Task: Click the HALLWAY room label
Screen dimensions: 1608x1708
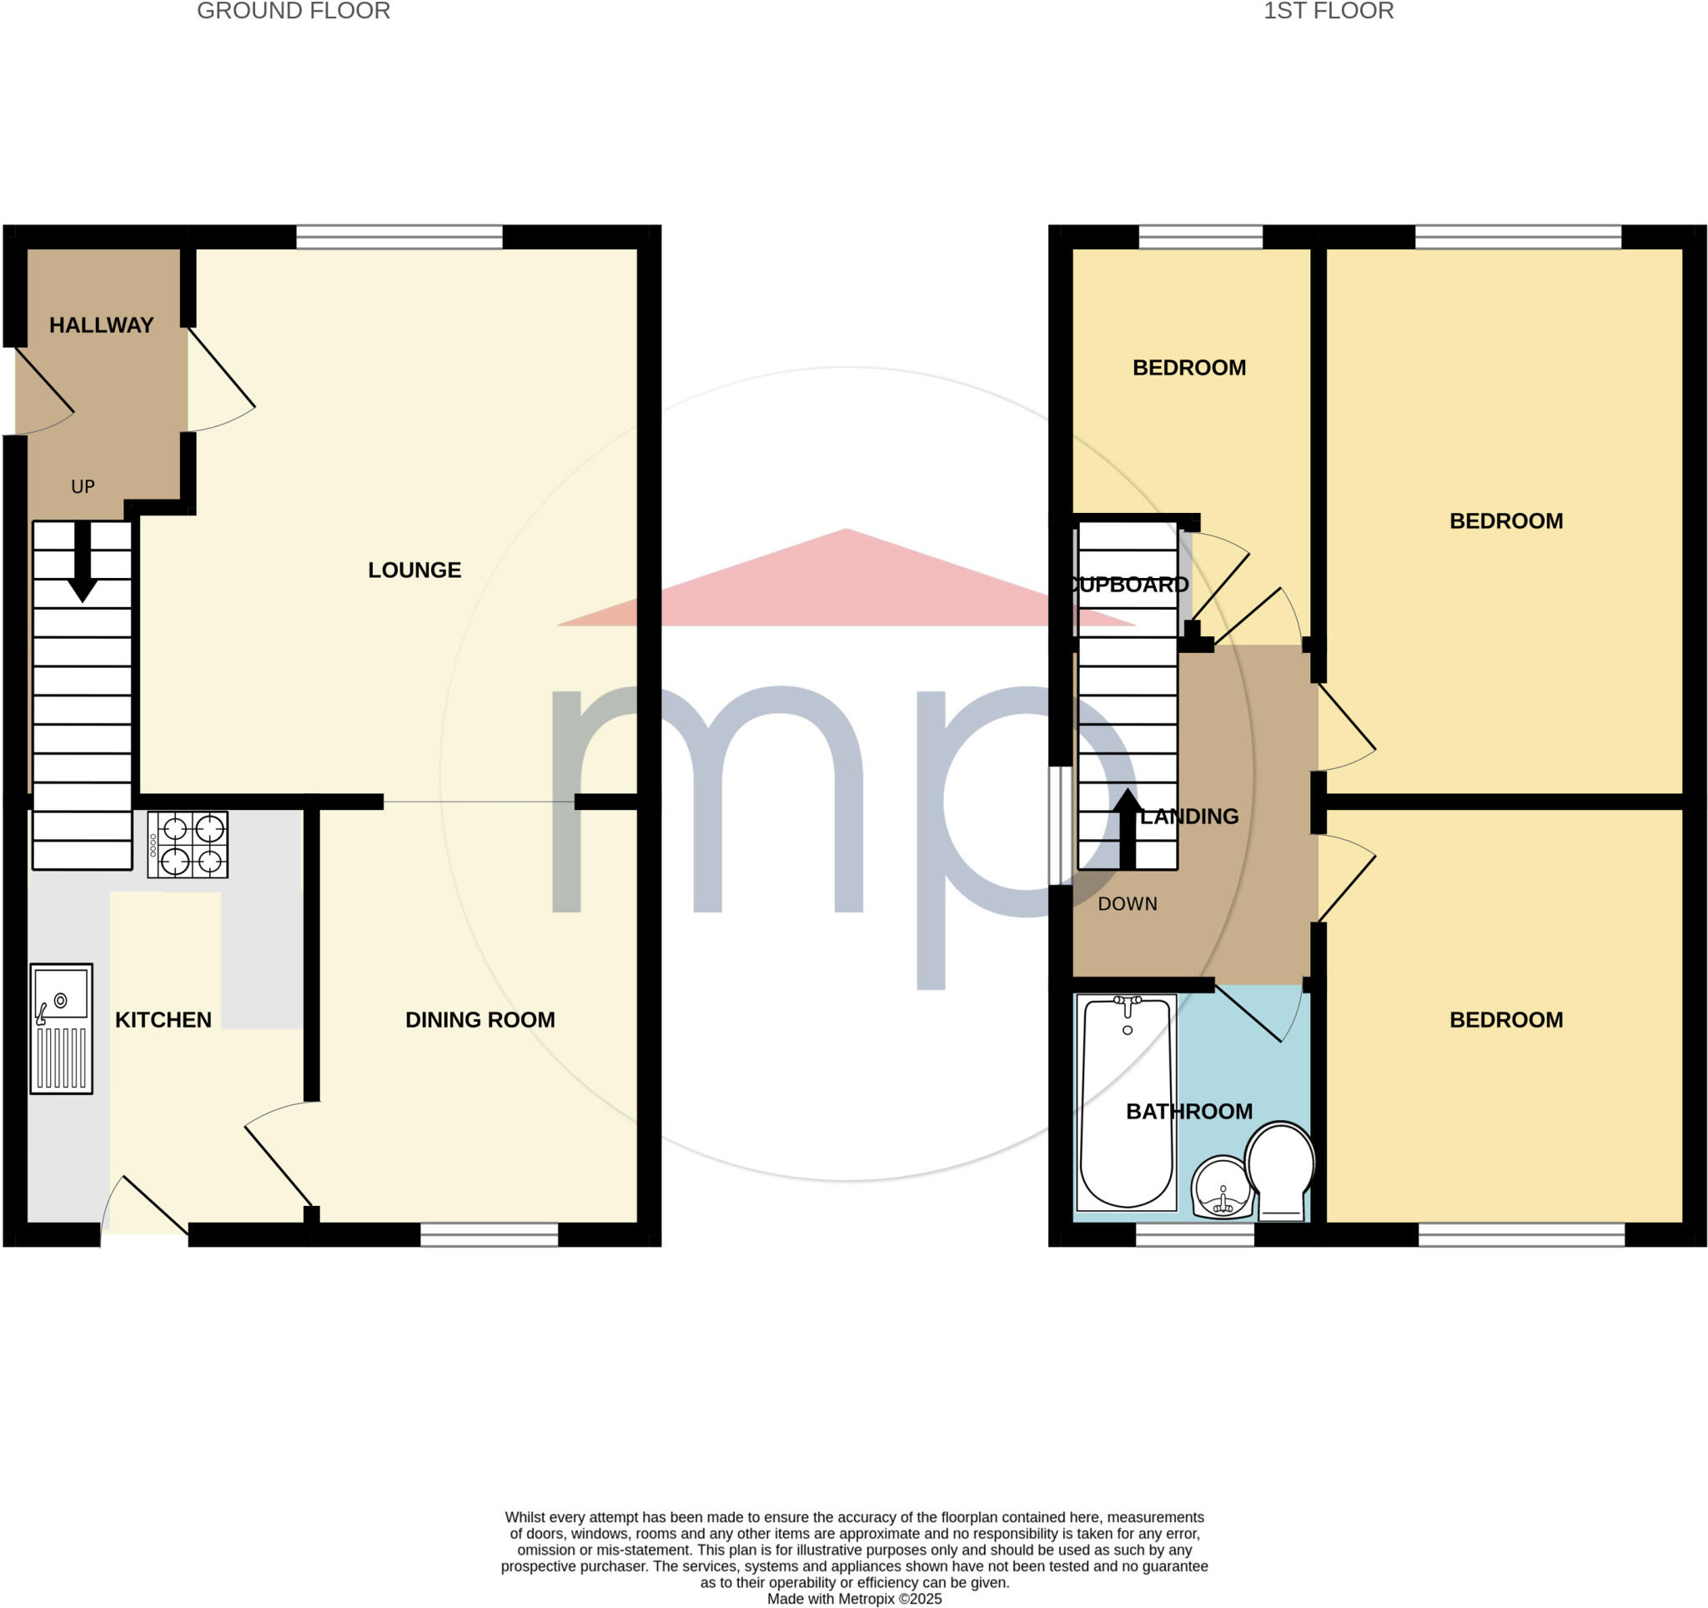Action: tap(101, 324)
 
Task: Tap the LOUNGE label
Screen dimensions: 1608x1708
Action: tap(414, 570)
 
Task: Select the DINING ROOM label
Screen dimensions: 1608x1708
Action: tap(480, 1020)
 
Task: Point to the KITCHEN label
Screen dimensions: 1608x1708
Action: tap(163, 1020)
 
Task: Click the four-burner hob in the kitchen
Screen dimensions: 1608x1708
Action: tap(188, 844)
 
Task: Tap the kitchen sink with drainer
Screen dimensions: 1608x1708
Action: tap(61, 1028)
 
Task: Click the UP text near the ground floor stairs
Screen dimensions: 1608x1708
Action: tap(83, 487)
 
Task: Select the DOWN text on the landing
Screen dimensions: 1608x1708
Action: tap(1128, 903)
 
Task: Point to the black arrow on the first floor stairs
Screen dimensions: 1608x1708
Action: tap(1128, 829)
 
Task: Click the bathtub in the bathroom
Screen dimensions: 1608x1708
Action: tap(1127, 1102)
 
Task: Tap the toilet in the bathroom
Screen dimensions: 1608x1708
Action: tap(1280, 1169)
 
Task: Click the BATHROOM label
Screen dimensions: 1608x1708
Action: tap(1189, 1112)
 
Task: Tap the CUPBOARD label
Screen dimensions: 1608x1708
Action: tap(1128, 585)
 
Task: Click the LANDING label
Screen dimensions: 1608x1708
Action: tap(1189, 817)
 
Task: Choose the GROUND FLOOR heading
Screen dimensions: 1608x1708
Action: tap(294, 11)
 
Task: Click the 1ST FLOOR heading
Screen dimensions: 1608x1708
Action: tap(1329, 11)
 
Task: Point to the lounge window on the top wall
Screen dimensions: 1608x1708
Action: tap(399, 237)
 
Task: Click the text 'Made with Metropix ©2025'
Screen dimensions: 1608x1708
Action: tap(854, 1599)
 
